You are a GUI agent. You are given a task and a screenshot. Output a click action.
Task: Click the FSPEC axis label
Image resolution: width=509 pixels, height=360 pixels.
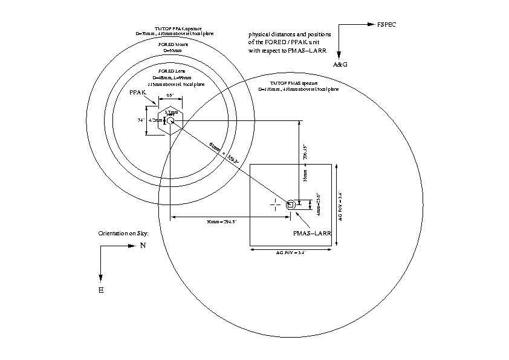coord(386,25)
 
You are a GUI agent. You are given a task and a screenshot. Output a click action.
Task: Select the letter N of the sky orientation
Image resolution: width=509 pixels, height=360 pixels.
coord(143,246)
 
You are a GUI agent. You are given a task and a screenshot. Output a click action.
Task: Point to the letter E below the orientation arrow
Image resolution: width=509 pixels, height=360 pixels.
coord(101,290)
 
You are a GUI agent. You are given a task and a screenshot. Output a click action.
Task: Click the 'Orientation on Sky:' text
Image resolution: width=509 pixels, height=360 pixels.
coord(123,233)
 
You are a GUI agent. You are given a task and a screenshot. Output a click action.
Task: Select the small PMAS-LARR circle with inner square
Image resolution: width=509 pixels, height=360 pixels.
coord(291,205)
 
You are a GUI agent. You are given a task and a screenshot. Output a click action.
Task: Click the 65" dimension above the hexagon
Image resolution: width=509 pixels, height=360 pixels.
coord(170,96)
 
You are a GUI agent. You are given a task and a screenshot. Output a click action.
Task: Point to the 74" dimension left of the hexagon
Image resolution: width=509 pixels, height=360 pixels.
coord(140,120)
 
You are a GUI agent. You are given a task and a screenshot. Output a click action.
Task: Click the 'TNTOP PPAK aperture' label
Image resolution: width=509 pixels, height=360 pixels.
coord(175,28)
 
